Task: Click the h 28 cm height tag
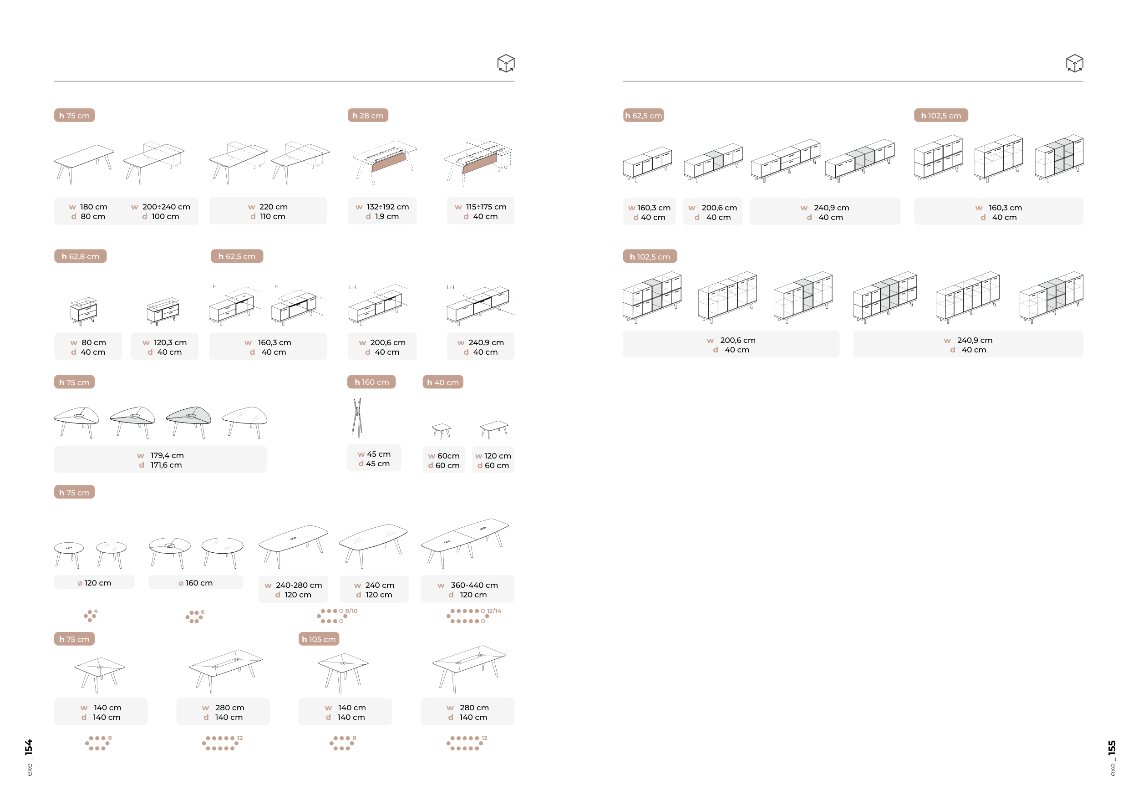[x=368, y=116]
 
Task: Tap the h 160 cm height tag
[x=371, y=382]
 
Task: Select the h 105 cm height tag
[x=319, y=639]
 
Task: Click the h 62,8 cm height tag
[x=80, y=256]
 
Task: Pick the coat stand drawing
[x=357, y=418]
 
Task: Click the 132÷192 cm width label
[x=382, y=207]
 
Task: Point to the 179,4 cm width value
[x=167, y=455]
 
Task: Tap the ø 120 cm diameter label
[x=94, y=583]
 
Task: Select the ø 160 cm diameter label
[x=196, y=583]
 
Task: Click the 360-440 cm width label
[x=468, y=586]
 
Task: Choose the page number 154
[x=29, y=748]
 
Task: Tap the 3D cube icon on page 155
[x=1075, y=63]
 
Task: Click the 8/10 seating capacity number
[x=351, y=611]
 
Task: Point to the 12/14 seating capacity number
[x=493, y=611]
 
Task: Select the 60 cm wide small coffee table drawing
[x=441, y=430]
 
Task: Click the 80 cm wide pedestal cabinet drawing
[x=83, y=311]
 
